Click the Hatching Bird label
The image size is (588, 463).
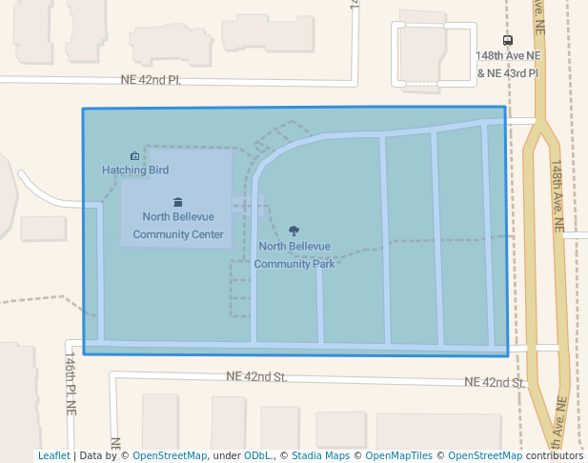coord(135,171)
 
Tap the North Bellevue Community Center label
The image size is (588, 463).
coord(178,226)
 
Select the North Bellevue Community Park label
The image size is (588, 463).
coord(294,254)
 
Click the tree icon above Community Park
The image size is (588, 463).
coord(294,231)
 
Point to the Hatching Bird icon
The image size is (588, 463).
coord(134,155)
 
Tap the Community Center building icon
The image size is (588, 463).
coord(178,202)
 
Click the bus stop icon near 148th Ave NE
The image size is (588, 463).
coord(508,41)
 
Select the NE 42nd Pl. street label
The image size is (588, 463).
coord(151,80)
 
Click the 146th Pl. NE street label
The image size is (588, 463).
coord(71,387)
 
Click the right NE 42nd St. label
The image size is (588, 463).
coord(496,382)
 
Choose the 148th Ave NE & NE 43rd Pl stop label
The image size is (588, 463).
coord(508,65)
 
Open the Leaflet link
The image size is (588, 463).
coord(53,456)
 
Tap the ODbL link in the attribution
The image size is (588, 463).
coord(257,456)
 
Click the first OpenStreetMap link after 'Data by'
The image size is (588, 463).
coord(170,456)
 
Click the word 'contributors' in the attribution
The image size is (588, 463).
coord(555,456)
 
